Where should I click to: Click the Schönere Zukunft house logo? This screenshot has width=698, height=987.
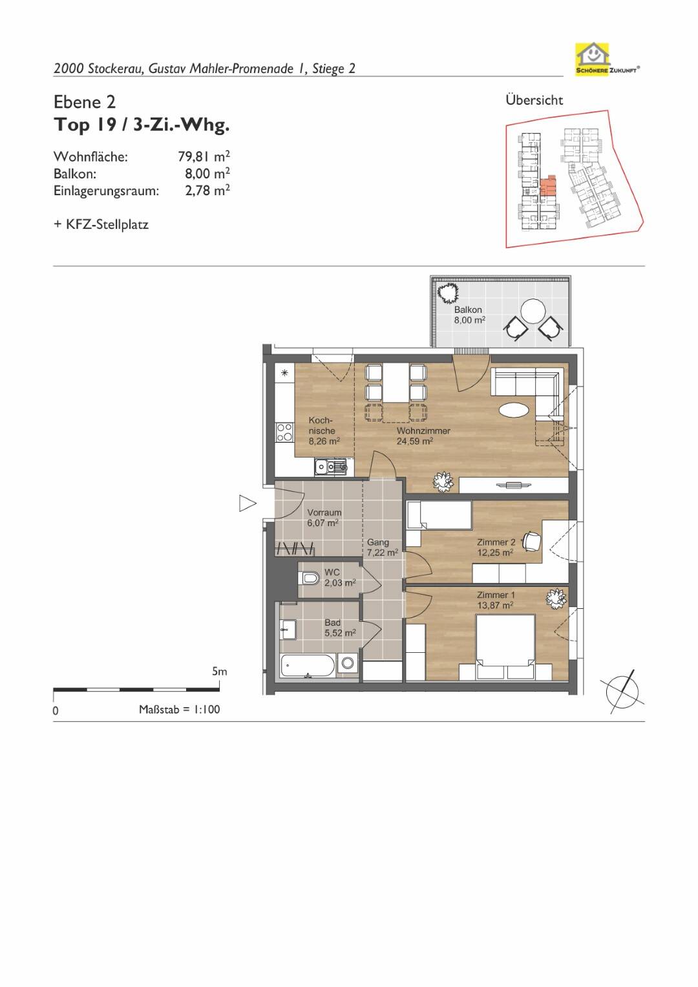pos(593,59)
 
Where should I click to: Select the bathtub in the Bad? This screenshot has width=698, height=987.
pos(308,666)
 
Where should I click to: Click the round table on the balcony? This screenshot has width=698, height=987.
pos(533,311)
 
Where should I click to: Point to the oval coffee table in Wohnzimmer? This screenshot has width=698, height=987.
pos(514,409)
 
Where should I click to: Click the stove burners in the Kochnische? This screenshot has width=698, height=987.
pos(284,432)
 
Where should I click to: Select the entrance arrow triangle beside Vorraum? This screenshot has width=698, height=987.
pos(247,503)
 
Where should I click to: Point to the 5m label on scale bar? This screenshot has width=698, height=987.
pos(220,672)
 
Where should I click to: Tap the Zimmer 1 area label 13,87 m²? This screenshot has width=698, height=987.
pos(495,606)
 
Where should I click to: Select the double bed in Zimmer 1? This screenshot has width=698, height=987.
pos(506,647)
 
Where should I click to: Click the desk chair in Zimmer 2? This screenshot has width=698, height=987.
pos(532,540)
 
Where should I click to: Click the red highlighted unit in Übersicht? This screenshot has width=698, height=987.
pos(548,186)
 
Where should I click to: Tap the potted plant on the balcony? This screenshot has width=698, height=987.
pos(448,293)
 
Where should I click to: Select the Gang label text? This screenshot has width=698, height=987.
pos(378,542)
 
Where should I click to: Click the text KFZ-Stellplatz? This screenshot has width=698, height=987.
pos(107,225)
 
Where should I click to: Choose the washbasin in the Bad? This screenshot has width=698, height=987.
pos(288,629)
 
